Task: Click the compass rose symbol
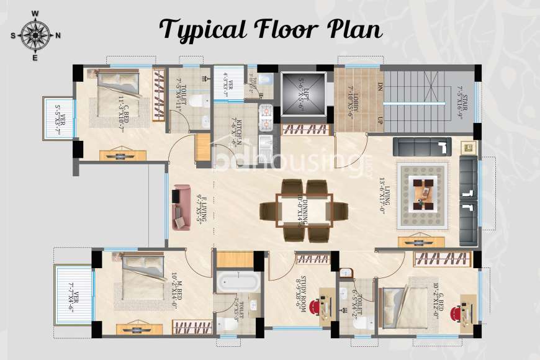click(x=35, y=35)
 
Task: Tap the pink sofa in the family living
click(x=181, y=207)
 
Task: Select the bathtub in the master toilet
click(x=238, y=281)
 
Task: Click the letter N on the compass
click(x=58, y=35)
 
